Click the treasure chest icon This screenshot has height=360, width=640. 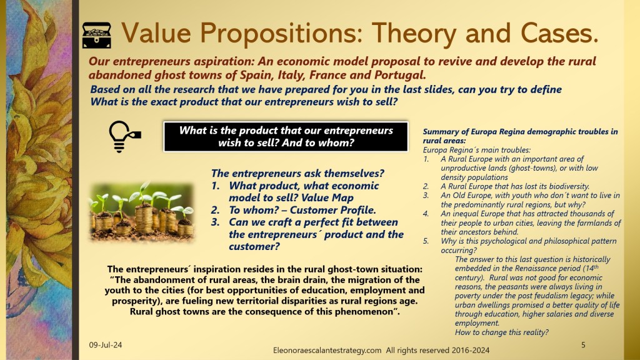point(96,35)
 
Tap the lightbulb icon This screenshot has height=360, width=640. point(124,136)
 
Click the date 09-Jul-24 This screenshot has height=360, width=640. point(105,345)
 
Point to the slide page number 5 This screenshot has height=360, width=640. point(583,345)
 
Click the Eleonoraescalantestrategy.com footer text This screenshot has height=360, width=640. point(327,350)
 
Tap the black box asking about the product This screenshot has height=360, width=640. point(286,136)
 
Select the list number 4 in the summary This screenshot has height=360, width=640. point(426,214)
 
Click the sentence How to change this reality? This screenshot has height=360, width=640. point(502,332)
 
